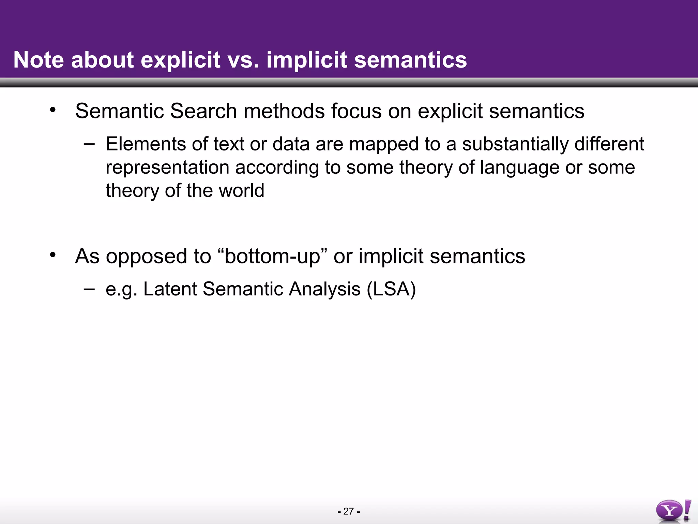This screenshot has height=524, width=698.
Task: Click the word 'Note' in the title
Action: (39, 60)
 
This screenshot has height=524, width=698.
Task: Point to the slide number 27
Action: (349, 511)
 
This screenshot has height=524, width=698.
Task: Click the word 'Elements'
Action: (146, 144)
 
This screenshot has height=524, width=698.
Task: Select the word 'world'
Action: (241, 190)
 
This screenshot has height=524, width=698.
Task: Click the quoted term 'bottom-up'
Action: (272, 256)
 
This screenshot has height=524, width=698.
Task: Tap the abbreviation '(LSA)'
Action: (391, 289)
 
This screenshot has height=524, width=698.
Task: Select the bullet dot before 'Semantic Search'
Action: (52, 110)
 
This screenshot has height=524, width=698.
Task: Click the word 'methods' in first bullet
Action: (284, 111)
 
